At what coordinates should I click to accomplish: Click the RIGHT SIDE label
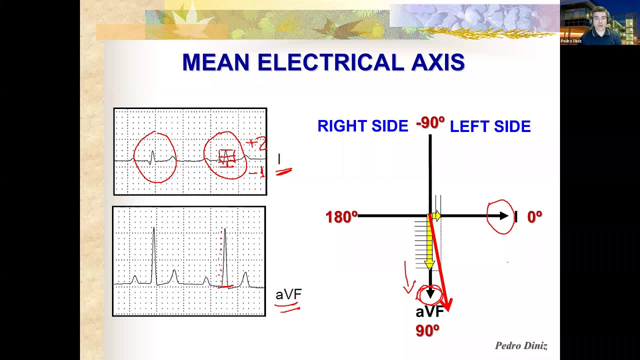362,126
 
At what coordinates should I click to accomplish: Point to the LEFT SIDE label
490,126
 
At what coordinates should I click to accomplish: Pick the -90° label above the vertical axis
430,123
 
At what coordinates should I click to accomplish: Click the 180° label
341,217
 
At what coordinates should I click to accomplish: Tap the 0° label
534,217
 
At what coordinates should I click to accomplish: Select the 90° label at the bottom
427,330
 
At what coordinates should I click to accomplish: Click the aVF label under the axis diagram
429,312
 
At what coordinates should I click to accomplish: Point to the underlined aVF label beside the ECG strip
288,294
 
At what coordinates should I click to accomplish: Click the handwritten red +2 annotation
257,144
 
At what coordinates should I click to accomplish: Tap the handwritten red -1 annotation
256,173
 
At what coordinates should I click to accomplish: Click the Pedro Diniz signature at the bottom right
521,345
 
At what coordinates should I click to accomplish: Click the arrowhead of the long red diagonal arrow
447,304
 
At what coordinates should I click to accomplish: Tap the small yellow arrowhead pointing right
437,216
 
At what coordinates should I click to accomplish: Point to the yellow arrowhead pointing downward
429,264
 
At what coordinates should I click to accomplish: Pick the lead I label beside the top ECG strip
279,159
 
